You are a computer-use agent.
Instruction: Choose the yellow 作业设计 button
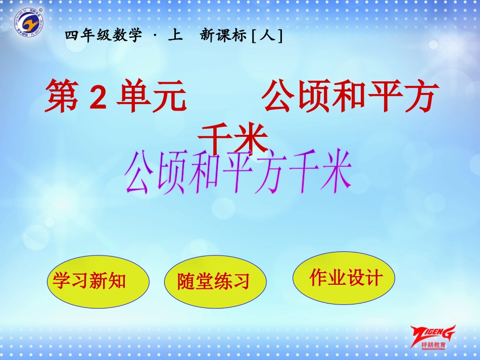tap(344, 279)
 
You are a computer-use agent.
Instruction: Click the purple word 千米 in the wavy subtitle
tap(323, 174)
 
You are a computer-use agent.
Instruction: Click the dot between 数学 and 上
tap(154, 36)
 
